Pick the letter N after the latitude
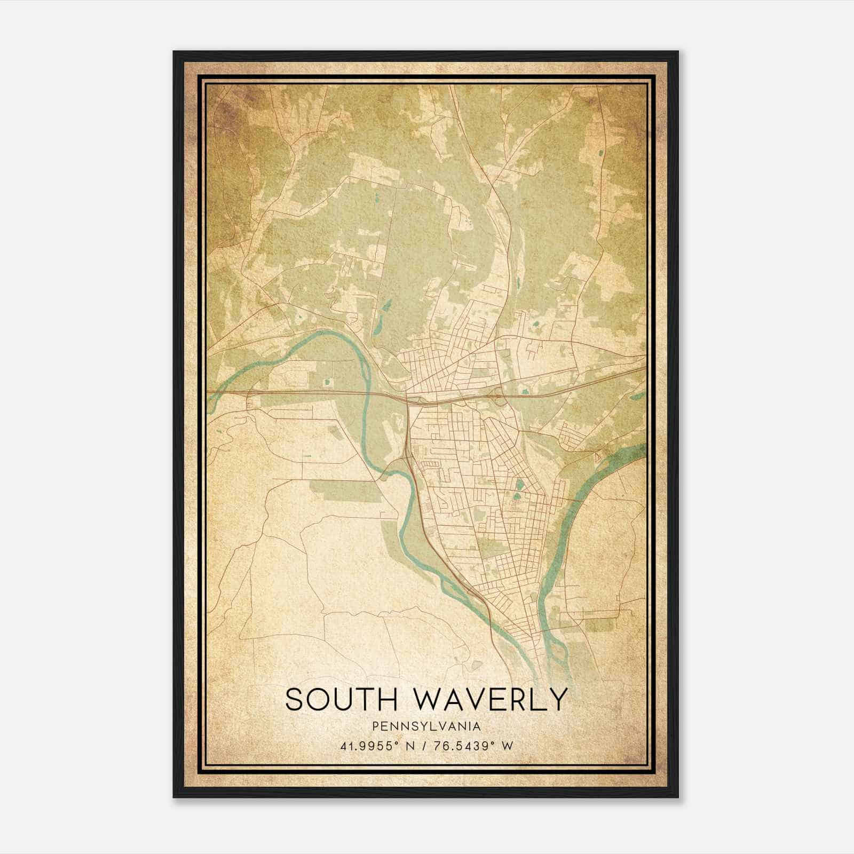click(x=412, y=746)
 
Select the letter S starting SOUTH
click(x=295, y=699)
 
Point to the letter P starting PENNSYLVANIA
click(x=376, y=726)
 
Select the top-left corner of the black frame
click(x=174, y=52)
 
